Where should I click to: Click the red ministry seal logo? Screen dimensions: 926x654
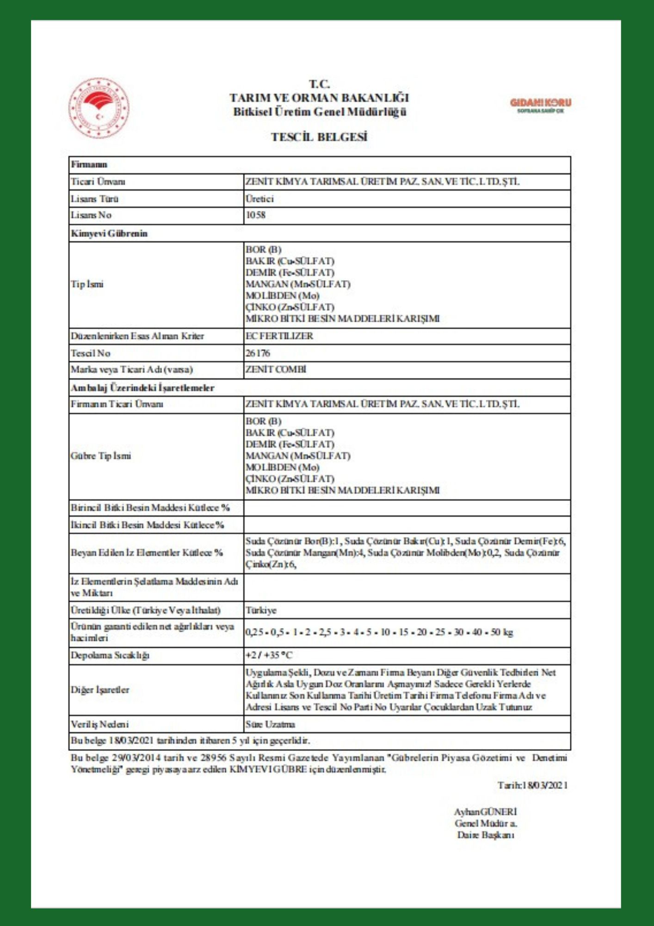[x=99, y=108]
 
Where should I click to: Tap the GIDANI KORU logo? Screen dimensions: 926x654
[x=540, y=105]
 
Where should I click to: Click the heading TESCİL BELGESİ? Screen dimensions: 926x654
[x=319, y=137]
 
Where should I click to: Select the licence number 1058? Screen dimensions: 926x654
[x=255, y=215]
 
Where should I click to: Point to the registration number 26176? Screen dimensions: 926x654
[x=258, y=353]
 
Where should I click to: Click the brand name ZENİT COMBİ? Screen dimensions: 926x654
[x=276, y=369]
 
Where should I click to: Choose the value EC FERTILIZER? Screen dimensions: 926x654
[x=279, y=336]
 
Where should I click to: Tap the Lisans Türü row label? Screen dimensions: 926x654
[x=95, y=199]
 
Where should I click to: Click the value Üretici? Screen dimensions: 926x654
[x=259, y=199]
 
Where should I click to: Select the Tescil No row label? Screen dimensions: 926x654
[x=91, y=353]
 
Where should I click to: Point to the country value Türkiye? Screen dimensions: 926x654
[x=261, y=610]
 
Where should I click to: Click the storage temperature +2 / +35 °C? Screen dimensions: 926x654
[x=269, y=655]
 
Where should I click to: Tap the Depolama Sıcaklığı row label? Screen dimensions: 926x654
[x=110, y=655]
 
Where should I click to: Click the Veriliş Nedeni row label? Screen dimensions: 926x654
[x=100, y=724]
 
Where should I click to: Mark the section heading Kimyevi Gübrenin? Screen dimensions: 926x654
[x=109, y=233]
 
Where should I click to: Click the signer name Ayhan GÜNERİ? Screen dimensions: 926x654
[x=485, y=811]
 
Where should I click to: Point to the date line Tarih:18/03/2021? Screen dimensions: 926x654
[x=532, y=785]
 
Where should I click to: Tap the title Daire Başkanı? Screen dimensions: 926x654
[x=485, y=835]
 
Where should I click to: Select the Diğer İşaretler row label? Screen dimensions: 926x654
[x=100, y=690]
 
